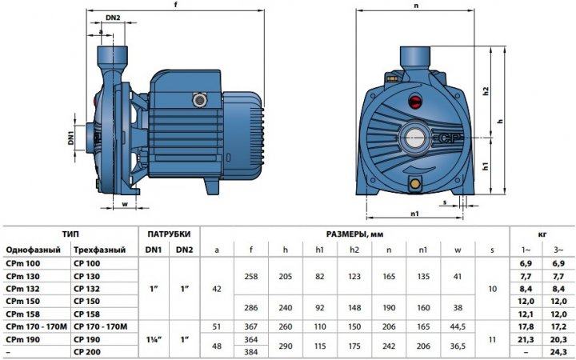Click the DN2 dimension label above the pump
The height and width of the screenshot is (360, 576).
(113, 18)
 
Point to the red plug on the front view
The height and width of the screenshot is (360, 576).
(415, 101)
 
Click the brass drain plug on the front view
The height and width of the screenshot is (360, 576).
(415, 183)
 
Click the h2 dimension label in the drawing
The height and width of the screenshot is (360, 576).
(486, 91)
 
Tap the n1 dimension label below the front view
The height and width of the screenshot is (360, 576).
(414, 214)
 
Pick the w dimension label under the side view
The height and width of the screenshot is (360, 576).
(125, 204)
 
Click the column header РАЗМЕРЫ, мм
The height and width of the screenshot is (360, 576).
(354, 234)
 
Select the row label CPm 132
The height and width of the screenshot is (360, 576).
(22, 289)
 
